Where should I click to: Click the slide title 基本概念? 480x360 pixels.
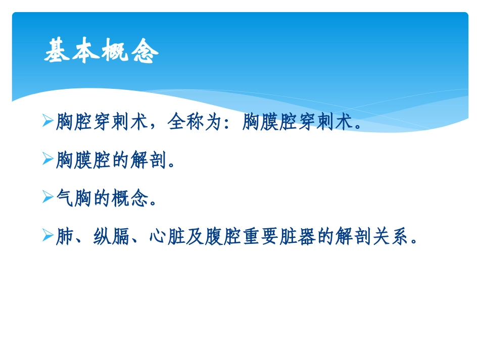tap(102, 52)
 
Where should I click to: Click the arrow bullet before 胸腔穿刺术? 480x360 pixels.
tap(48, 121)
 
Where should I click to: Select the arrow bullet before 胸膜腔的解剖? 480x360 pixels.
tap(48, 160)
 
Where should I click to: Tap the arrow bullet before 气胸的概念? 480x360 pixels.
tap(48, 198)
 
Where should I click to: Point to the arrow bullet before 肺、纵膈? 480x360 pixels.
tap(48, 236)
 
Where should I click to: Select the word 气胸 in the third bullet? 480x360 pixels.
tap(74, 199)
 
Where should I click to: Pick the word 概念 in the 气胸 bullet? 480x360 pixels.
tap(130, 199)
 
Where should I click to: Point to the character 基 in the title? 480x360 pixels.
tap(56, 52)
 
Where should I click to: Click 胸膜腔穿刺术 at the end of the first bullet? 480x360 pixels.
tap(297, 122)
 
